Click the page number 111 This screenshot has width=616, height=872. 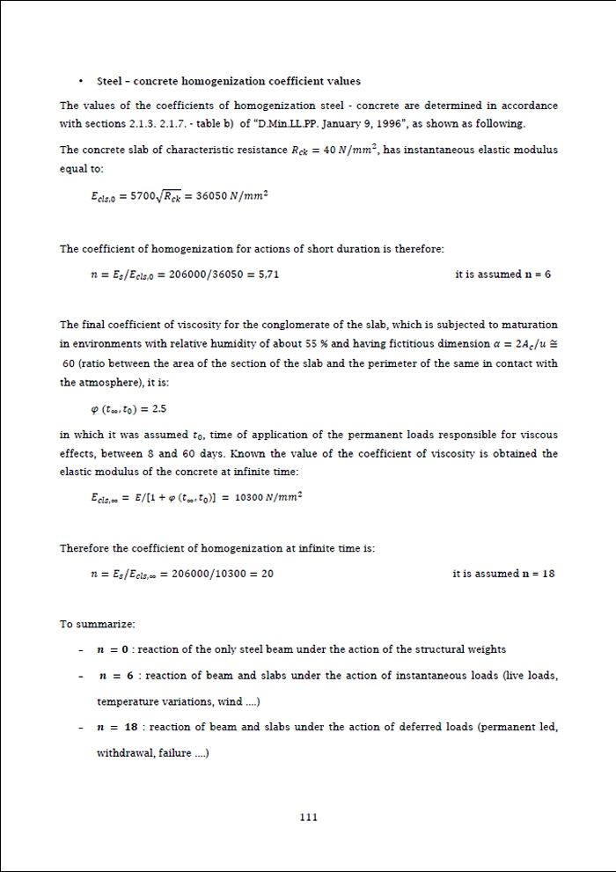point(308,817)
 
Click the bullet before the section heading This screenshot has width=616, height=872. point(82,82)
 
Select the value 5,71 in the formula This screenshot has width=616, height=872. point(267,275)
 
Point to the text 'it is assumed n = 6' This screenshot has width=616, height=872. point(502,275)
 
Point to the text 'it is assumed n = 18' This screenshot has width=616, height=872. point(503,574)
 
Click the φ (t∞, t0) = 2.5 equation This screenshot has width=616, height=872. point(129,409)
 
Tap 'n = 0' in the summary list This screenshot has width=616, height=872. point(113,649)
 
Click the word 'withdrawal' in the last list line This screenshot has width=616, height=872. point(121,753)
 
